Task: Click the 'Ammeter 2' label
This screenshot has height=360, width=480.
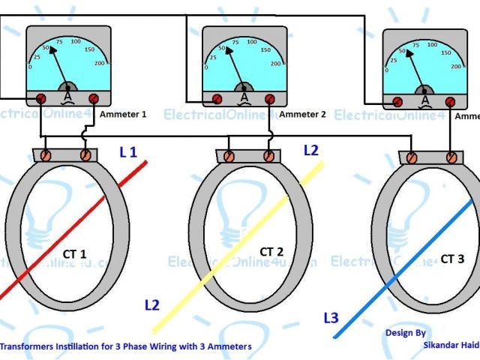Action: click(x=303, y=115)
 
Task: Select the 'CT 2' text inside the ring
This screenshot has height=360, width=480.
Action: click(x=272, y=251)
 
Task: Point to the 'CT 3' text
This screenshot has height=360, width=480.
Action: click(x=452, y=259)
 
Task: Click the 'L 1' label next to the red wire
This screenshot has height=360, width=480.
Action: click(x=128, y=152)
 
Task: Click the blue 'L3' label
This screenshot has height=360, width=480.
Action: click(x=331, y=317)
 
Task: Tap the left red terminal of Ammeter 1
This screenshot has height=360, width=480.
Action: click(x=40, y=98)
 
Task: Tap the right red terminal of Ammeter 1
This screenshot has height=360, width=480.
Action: click(x=94, y=98)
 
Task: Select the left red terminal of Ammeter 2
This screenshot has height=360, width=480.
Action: click(x=217, y=98)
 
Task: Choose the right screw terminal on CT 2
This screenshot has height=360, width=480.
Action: click(x=268, y=156)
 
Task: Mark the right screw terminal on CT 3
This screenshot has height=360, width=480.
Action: click(x=451, y=157)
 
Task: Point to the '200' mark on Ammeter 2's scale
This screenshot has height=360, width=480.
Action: click(x=275, y=64)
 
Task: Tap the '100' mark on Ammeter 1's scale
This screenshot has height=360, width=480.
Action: click(x=74, y=42)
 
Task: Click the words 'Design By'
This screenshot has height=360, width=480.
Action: click(x=406, y=332)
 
